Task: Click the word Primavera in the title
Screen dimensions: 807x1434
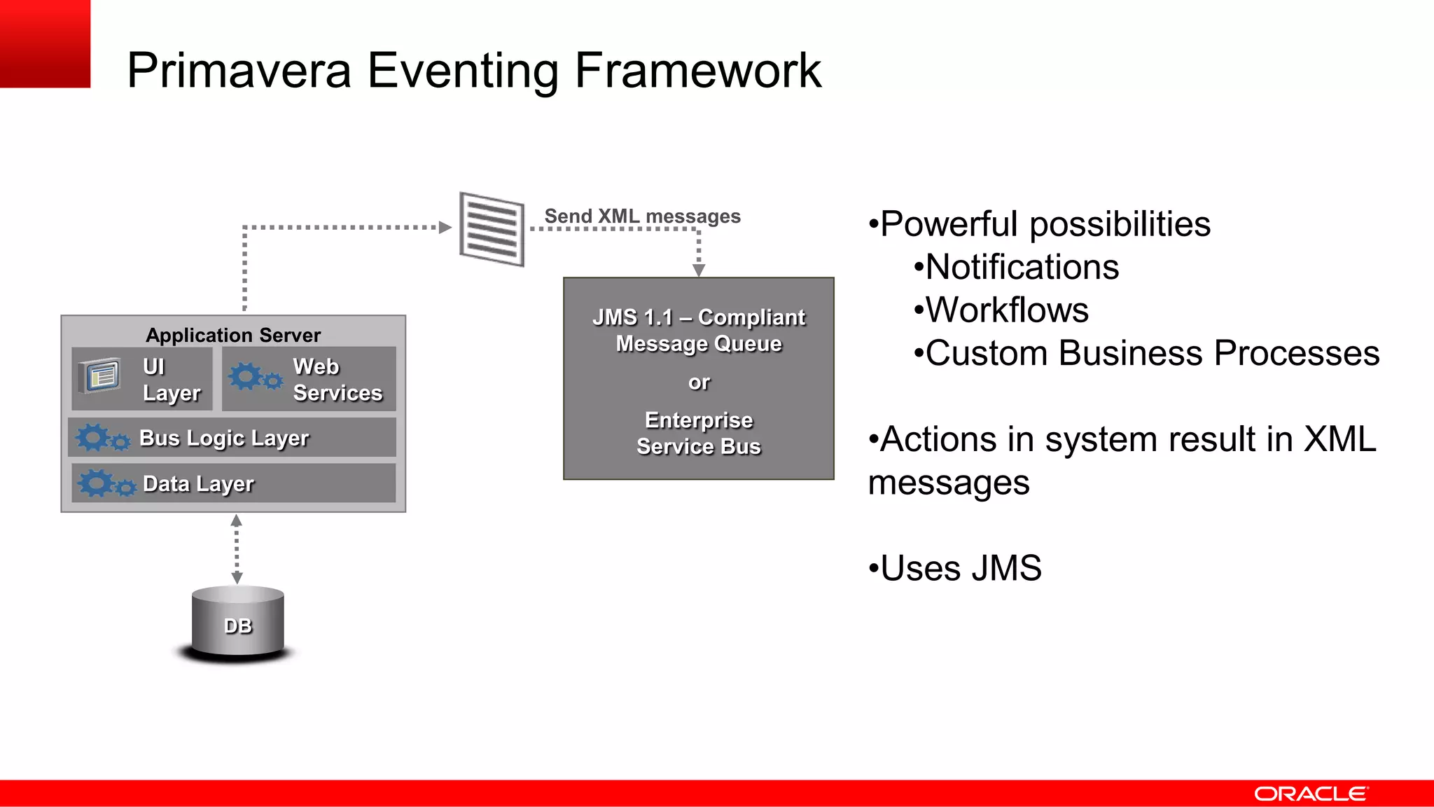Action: pyautogui.click(x=238, y=71)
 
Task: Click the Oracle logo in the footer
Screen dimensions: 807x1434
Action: pyautogui.click(x=1310, y=794)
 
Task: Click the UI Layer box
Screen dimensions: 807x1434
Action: pyautogui.click(x=142, y=379)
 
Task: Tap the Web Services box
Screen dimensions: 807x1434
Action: pyautogui.click(x=309, y=379)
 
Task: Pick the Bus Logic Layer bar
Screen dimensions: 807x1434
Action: pyautogui.click(x=232, y=438)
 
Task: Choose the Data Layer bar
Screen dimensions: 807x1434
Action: pyautogui.click(x=233, y=483)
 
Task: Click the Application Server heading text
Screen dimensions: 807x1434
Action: pyautogui.click(x=233, y=335)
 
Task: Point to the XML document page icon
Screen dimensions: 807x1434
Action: pyautogui.click(x=492, y=229)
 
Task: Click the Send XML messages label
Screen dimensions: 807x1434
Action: pyautogui.click(x=642, y=216)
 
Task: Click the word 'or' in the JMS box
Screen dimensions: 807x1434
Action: pyautogui.click(x=699, y=382)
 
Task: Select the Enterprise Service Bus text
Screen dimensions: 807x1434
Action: pyautogui.click(x=699, y=433)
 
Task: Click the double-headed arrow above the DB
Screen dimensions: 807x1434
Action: pyautogui.click(x=237, y=549)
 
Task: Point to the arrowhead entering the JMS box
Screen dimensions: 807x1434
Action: pyautogui.click(x=699, y=270)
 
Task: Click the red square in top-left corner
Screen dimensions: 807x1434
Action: pyautogui.click(x=45, y=43)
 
